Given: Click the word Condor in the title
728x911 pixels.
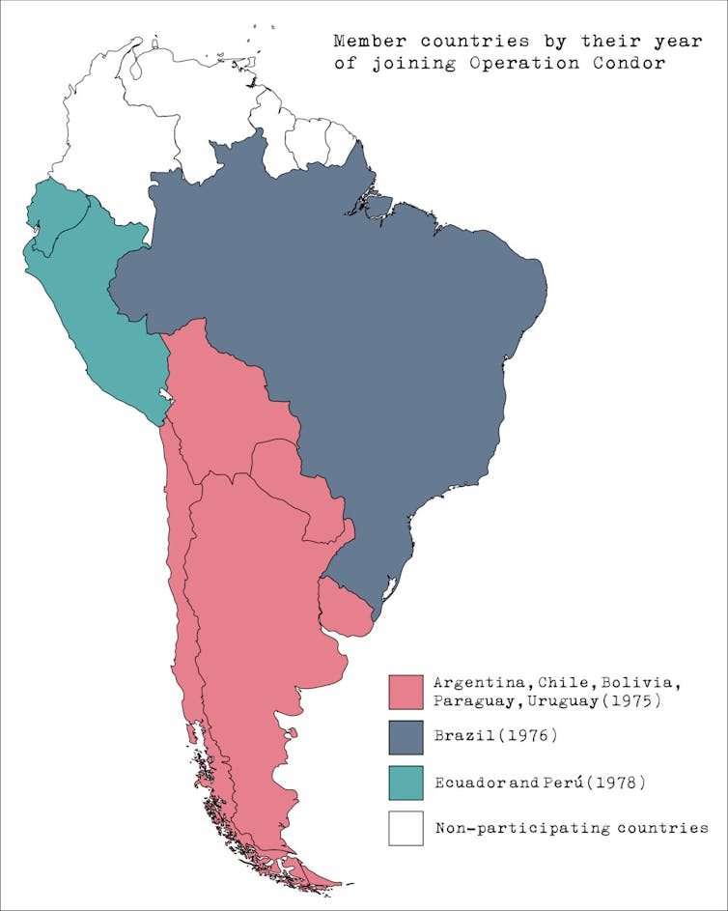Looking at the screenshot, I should point(630,65).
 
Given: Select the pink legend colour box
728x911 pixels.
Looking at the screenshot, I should point(406,692).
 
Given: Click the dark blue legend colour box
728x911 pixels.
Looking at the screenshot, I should point(406,737).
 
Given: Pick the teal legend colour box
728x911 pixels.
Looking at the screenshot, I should point(406,783).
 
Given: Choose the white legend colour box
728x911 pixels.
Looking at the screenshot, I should point(406,828).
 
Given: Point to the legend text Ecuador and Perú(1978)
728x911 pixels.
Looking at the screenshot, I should point(540,782).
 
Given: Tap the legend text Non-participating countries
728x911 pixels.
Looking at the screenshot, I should point(572,828).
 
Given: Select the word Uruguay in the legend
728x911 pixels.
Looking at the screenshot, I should point(560,700).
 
